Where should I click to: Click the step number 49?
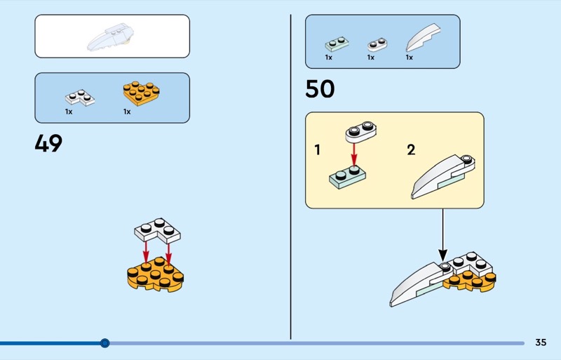point(48,143)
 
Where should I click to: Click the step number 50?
point(320,89)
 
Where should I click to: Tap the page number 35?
point(540,342)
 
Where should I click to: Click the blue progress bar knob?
point(105,343)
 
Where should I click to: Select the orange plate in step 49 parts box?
point(140,93)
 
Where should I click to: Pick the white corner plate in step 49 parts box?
point(79,98)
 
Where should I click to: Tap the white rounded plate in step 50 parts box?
point(377,44)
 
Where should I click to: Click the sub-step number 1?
point(318,149)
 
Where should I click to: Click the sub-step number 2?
point(411,149)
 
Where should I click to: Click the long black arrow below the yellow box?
point(442,235)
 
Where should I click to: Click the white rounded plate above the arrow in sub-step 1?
point(361,131)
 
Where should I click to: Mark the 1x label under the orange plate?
point(127,112)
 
